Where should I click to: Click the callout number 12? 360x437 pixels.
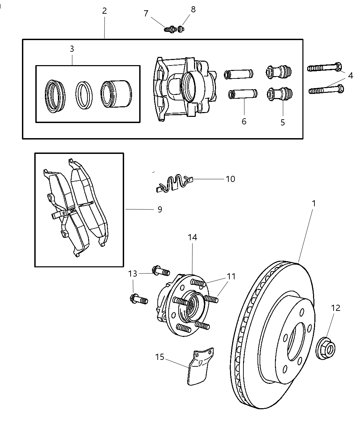336,308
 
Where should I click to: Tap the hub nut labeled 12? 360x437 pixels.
326,349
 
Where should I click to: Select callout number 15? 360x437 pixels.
160,357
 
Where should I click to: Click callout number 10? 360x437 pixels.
230,179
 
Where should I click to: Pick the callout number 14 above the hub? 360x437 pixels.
193,237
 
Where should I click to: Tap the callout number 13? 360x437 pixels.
133,274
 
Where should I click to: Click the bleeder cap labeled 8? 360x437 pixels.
181,29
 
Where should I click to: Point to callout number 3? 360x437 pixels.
72,49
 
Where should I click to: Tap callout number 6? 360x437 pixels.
244,121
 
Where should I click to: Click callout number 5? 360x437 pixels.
283,123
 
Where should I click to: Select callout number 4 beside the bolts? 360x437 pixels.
350,76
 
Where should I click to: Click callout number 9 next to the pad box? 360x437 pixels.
160,209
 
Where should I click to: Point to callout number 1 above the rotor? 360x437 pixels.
313,203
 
